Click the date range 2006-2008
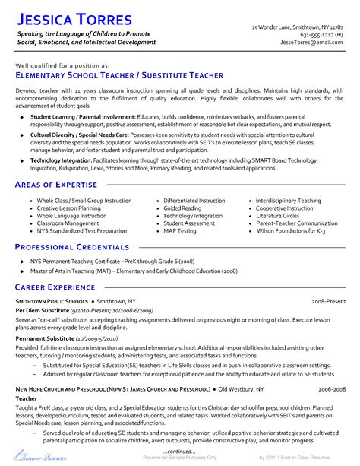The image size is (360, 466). coord(331,388)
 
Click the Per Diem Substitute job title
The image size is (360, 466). coord(43,310)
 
